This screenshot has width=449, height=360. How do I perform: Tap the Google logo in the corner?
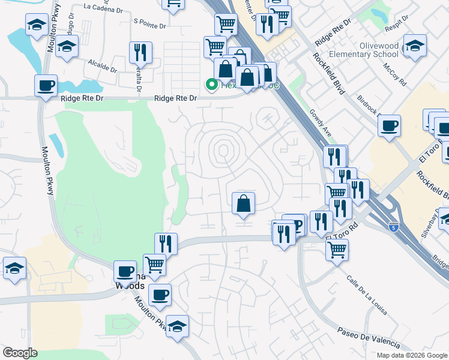tap(20, 352)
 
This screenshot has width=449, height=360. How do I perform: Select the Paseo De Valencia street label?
tap(367, 338)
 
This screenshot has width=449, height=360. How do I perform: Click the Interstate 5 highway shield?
tap(393, 226)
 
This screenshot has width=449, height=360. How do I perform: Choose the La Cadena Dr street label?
tap(104, 7)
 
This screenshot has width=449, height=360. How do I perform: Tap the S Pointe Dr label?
tap(148, 22)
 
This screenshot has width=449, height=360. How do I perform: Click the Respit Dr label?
tap(397, 19)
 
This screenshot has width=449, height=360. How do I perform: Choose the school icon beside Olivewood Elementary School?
tap(414, 46)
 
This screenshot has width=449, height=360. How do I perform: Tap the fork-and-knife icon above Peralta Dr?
tap(140, 53)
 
